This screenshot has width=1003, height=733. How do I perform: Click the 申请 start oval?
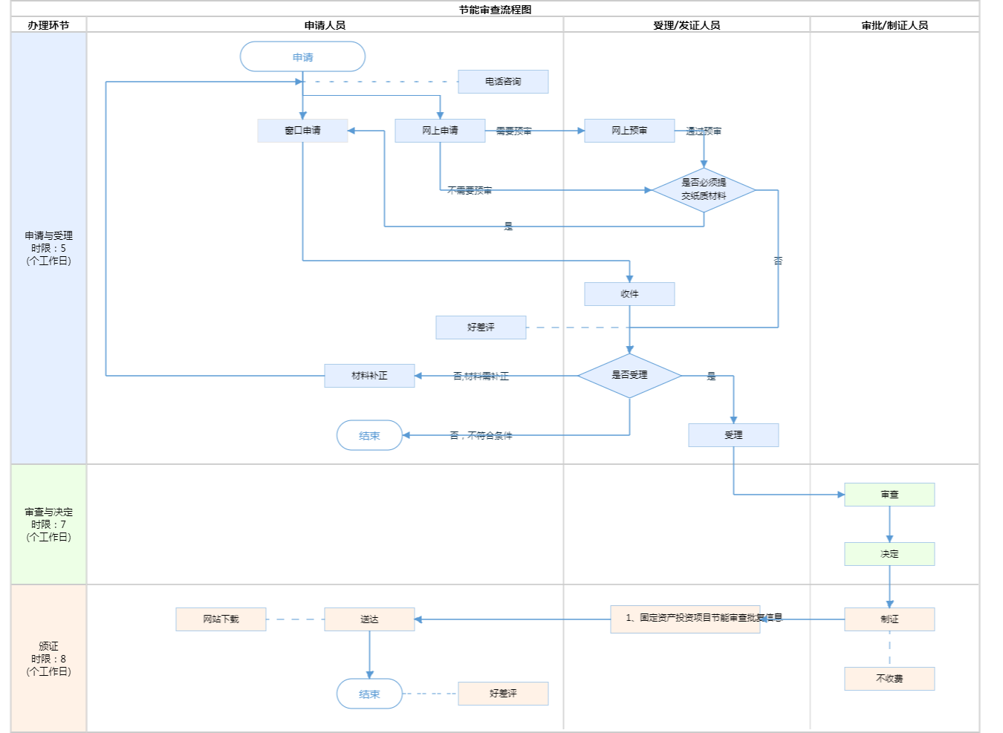tap(302, 56)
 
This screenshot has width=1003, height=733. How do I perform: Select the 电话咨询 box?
tap(503, 82)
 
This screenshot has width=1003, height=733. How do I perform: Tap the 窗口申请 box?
tap(302, 131)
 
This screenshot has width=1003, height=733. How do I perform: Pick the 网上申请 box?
tap(440, 131)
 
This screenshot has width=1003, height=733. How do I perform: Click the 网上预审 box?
tap(629, 131)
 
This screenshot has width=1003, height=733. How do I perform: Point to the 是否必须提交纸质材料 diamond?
tap(704, 190)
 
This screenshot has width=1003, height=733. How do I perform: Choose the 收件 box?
tap(629, 294)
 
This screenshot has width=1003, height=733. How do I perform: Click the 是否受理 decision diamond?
tap(629, 376)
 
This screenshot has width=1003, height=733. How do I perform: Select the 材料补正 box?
tap(369, 376)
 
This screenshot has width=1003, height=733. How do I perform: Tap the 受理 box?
tap(733, 435)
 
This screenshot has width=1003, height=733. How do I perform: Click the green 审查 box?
tap(889, 495)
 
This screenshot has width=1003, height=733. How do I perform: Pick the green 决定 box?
tap(889, 554)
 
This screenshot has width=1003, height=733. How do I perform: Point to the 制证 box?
tap(889, 619)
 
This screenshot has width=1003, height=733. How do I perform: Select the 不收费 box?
tap(889, 679)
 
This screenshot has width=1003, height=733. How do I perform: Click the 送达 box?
tap(369, 619)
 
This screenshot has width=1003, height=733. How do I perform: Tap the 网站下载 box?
tap(221, 619)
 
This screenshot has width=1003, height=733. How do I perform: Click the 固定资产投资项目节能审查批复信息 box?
tap(685, 619)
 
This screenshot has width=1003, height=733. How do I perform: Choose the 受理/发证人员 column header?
tap(686, 25)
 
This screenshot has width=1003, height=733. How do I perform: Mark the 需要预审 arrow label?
tap(513, 131)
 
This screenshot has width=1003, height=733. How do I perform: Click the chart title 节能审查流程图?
tap(495, 10)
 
